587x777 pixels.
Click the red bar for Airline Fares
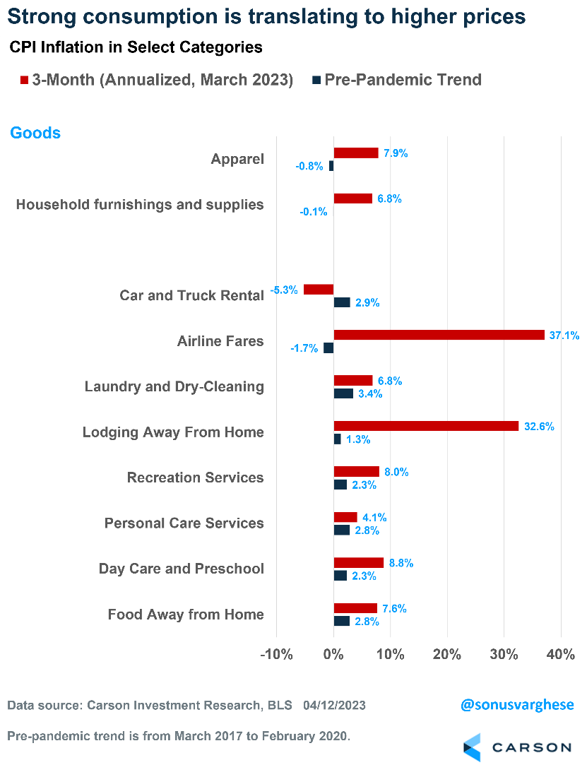[439, 335]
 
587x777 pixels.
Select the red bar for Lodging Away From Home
[426, 426]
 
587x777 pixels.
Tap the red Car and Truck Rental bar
[319, 290]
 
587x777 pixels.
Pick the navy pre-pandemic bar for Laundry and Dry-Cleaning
[343, 393]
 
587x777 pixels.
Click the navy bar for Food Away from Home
[341, 621]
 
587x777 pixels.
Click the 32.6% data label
[538, 427]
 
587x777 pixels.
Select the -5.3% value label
[284, 290]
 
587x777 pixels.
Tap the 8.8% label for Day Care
[401, 563]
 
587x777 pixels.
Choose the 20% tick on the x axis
[446, 654]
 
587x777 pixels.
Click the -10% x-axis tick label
[276, 654]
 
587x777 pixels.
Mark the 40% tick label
[560, 654]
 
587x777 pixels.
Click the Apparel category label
[237, 159]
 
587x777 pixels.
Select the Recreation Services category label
[195, 478]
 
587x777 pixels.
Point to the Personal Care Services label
[184, 523]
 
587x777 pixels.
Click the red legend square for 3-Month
[24, 81]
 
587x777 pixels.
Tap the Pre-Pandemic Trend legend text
[403, 80]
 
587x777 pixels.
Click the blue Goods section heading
[35, 133]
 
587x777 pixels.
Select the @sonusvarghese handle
[516, 705]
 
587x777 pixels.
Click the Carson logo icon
[473, 747]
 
